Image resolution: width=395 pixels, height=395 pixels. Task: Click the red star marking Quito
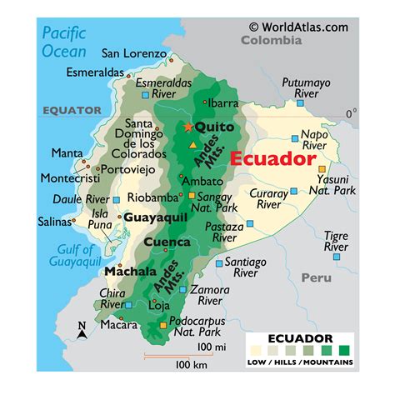188,127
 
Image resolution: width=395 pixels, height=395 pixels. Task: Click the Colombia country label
272,40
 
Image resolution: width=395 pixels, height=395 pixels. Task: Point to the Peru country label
316,277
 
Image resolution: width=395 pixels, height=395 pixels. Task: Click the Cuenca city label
167,242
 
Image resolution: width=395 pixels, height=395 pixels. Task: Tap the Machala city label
130,272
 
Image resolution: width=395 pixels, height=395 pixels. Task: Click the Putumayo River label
306,89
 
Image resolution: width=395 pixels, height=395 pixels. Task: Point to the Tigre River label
336,242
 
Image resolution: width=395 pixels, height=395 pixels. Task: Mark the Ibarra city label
223,104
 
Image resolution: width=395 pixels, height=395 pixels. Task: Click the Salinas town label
54,222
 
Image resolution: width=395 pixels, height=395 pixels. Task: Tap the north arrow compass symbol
82,331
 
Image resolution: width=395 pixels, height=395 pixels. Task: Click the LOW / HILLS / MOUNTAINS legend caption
300,362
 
